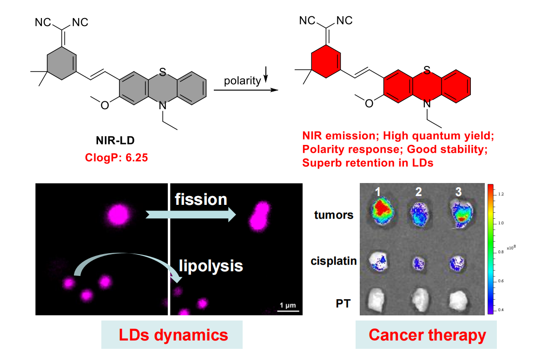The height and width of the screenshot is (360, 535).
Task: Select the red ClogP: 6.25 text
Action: (118, 157)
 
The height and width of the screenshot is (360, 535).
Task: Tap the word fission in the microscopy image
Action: (201, 200)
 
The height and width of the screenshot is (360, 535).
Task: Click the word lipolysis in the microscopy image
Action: (211, 266)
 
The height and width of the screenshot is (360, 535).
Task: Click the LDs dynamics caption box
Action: (172, 335)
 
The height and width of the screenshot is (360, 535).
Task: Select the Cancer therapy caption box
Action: (426, 335)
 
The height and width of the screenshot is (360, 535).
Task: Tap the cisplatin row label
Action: (334, 261)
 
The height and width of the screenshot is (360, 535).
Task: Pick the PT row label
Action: (343, 304)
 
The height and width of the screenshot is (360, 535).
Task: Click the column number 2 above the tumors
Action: (419, 191)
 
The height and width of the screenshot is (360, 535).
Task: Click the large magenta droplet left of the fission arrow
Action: (119, 214)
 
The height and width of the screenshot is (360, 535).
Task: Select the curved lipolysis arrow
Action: (125, 260)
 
